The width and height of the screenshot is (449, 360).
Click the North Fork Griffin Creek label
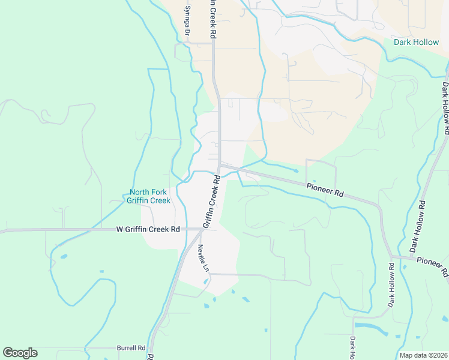tap(148, 197)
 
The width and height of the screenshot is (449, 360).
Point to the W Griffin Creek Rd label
tap(148, 229)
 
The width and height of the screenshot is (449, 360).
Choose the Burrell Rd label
tap(131, 348)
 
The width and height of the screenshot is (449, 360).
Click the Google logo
tap(20, 353)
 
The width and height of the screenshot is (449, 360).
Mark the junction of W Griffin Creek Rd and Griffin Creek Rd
tap(201, 229)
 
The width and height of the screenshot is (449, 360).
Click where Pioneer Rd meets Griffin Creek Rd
tap(220, 164)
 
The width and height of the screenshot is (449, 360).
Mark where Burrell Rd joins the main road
tap(150, 348)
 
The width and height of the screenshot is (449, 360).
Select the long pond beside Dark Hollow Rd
tap(371, 327)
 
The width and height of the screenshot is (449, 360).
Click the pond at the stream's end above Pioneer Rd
tap(296, 171)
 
